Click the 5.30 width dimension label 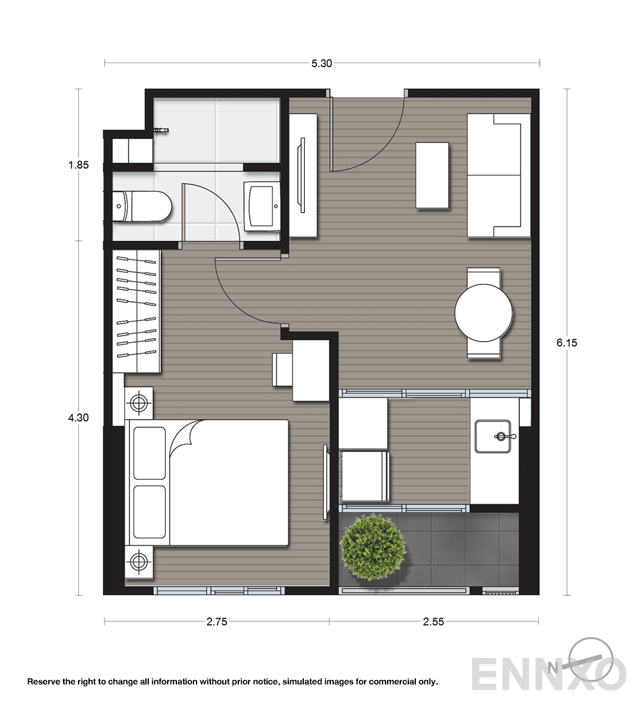(322, 64)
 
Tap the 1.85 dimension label (78, 165)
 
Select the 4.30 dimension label (78, 418)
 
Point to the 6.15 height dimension (566, 343)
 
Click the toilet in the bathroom (142, 206)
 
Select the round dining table (484, 313)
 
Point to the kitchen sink (493, 437)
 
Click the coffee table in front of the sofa (432, 175)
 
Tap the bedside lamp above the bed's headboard (138, 403)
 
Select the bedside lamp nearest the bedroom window (138, 561)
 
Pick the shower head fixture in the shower (161, 130)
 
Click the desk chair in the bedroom (282, 370)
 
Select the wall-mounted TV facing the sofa (302, 175)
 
